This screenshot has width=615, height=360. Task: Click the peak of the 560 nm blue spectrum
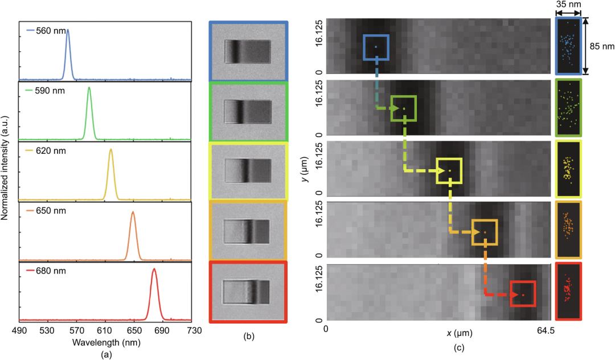tap(68, 30)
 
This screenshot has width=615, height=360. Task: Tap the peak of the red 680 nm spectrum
tap(154, 270)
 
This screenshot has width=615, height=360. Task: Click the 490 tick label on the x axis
tap(19, 331)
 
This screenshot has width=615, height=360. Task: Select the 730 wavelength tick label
tap(194, 331)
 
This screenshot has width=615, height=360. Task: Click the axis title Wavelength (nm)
tap(106, 342)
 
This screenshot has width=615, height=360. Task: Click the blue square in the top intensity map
tap(376, 47)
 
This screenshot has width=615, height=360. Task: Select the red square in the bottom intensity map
tap(523, 294)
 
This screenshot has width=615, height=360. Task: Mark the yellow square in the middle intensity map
tap(449, 170)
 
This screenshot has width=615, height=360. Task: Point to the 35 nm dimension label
tap(568, 6)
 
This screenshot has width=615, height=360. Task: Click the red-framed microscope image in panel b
tap(248, 291)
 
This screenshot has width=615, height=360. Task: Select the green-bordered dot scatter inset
tap(568, 108)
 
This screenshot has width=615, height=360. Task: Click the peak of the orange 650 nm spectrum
tap(133, 212)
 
